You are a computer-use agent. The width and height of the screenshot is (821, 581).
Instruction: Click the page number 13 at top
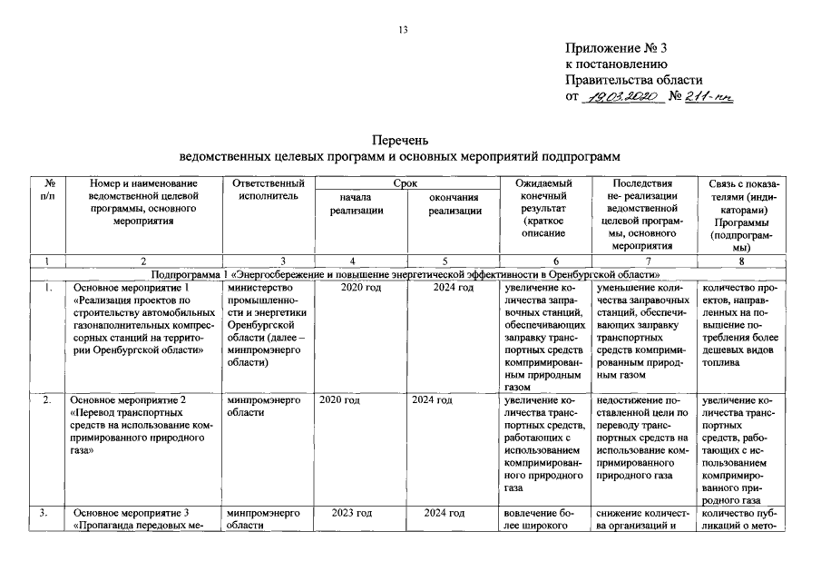(x=404, y=30)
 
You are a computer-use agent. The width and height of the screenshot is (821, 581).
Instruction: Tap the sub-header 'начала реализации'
(x=356, y=204)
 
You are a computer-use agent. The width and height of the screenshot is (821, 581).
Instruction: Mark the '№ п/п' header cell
(x=47, y=190)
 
